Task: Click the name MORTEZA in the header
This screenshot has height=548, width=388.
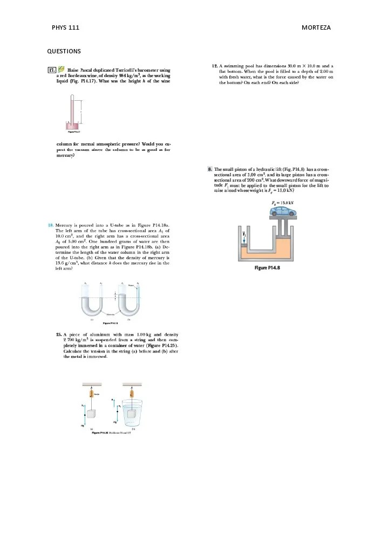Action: [x=316, y=27]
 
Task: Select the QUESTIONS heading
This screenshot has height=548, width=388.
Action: [x=64, y=52]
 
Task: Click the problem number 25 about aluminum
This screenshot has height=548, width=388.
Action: [x=59, y=335]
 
